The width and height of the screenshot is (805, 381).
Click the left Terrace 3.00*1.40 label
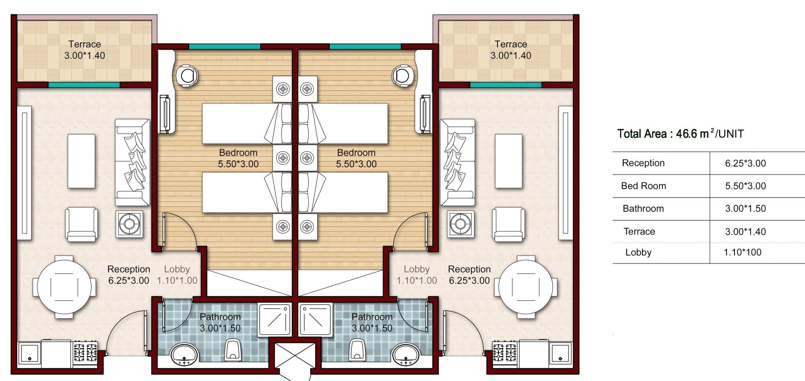(85, 50)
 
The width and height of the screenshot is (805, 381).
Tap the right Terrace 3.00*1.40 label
(511, 50)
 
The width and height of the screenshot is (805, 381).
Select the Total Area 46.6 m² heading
(680, 133)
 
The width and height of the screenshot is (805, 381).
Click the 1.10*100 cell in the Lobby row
(743, 252)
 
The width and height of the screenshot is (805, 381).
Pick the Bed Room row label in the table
(643, 186)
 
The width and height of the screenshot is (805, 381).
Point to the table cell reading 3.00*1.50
(745, 208)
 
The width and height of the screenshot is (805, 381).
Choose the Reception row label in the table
(643, 163)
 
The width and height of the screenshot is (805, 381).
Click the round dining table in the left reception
(64, 287)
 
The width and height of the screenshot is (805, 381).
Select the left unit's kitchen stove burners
(85, 352)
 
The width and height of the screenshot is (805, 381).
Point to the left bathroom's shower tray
(274, 320)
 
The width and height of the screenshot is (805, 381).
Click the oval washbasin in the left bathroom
(184, 355)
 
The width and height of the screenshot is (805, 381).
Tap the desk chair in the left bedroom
(187, 76)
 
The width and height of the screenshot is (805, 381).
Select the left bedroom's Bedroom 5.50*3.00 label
(238, 158)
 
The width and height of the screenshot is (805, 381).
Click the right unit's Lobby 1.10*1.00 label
(417, 275)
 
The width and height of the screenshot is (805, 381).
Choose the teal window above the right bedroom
(365, 47)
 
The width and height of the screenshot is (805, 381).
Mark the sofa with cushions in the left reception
(132, 162)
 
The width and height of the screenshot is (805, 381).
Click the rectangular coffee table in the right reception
(509, 161)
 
